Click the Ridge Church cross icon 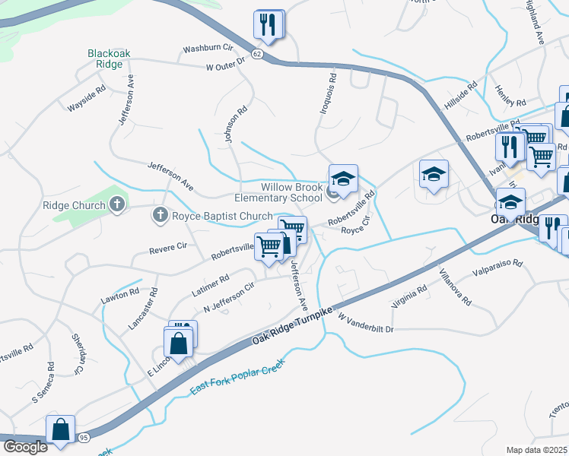(116, 204)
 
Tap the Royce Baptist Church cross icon (161, 216)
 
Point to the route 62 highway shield (257, 55)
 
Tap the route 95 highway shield (84, 437)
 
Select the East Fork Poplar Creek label (236, 377)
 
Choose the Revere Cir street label (168, 247)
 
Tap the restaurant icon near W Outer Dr (268, 25)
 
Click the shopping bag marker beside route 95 (60, 429)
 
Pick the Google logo (25, 447)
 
